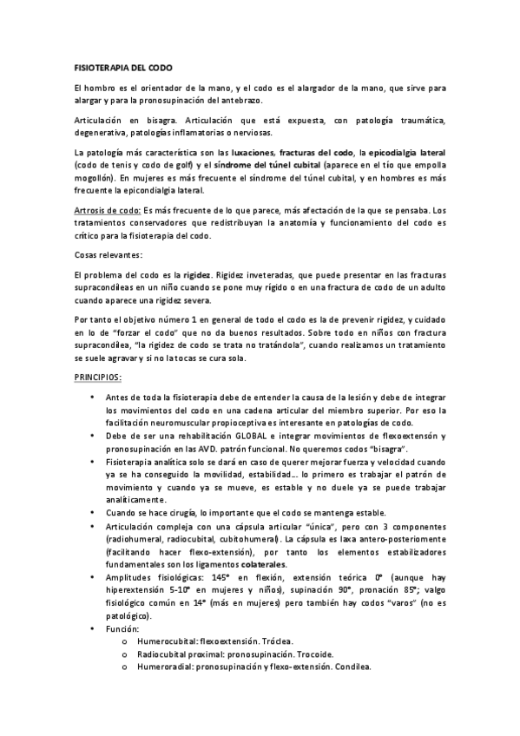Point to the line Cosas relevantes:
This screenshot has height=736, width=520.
(108, 255)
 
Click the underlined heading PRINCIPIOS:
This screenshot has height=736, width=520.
(97, 354)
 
